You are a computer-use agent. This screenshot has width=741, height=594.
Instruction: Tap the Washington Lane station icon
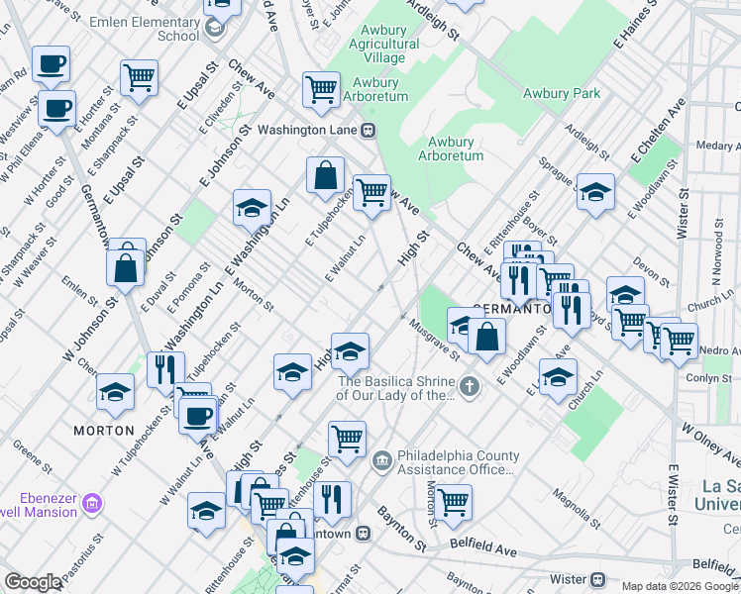[x=368, y=130]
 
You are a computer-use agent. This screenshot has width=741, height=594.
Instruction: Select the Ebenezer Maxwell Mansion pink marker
[x=92, y=504]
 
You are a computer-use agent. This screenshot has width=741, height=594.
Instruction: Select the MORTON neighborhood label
[x=103, y=431]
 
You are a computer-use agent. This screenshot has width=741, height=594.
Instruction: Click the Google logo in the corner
[x=33, y=582]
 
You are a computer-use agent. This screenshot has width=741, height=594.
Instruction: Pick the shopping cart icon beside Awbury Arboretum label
[x=322, y=88]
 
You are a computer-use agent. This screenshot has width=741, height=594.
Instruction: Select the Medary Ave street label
[x=717, y=145]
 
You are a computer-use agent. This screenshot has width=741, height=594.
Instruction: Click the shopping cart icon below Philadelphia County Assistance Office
[x=454, y=501]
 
